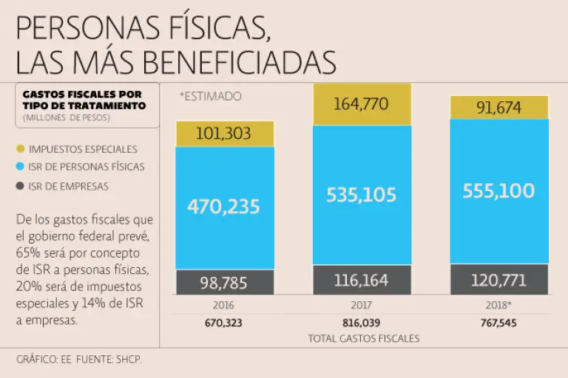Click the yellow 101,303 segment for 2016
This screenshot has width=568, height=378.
(x=225, y=134)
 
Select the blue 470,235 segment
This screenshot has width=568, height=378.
(x=225, y=207)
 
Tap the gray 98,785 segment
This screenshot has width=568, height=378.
(x=225, y=282)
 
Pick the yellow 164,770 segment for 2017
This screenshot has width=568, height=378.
(x=362, y=104)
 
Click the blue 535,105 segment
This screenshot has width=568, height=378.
(x=362, y=195)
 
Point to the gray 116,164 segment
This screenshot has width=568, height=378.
(x=362, y=280)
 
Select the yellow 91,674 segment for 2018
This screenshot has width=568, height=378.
(x=499, y=108)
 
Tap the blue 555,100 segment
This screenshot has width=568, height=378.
(x=499, y=190)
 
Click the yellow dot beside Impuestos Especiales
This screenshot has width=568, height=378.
(x=21, y=149)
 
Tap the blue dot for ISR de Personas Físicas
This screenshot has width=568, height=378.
(x=21, y=167)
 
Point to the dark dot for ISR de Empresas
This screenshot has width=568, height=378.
(x=21, y=186)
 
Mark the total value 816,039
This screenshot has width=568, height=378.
(x=362, y=323)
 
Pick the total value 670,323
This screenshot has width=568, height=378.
(x=225, y=323)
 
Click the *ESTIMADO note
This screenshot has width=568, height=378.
(x=210, y=97)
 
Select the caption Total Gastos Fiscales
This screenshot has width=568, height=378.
(x=363, y=338)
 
